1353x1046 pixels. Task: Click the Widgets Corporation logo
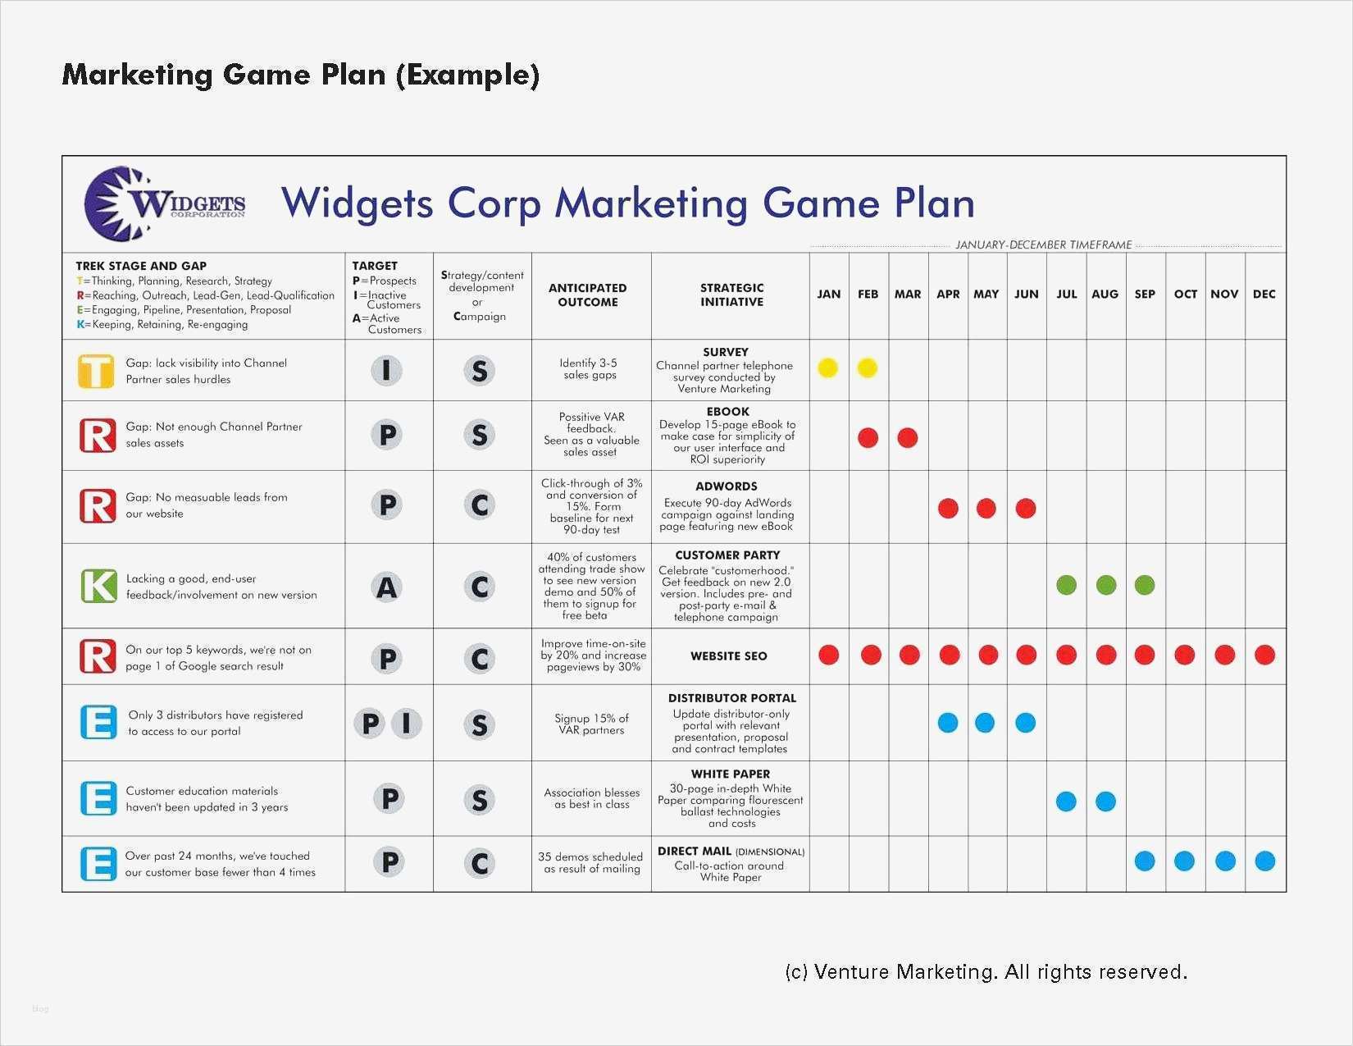coord(164,203)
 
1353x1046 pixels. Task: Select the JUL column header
coord(1066,294)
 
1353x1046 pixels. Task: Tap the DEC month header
coord(1264,294)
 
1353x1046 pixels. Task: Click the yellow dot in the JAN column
coord(827,368)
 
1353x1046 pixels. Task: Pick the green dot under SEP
coord(1145,585)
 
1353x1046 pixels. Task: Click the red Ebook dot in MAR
coord(907,438)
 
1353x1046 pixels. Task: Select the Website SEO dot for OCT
coord(1184,655)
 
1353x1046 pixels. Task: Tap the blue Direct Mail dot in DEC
coord(1264,861)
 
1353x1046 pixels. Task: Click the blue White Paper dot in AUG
coord(1105,802)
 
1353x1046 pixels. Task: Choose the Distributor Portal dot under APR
coord(948,723)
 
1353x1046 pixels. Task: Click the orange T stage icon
coord(96,372)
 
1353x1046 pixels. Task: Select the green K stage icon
coord(98,587)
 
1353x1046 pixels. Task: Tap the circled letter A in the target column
coord(387,587)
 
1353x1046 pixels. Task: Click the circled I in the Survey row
coord(387,372)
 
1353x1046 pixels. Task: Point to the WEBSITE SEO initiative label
coord(728,656)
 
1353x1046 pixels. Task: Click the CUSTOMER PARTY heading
coord(727,555)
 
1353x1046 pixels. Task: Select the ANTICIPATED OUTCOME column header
coord(588,295)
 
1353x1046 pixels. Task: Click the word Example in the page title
coord(467,75)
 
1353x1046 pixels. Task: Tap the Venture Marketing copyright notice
coord(986,972)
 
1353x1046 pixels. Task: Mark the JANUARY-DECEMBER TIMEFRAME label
coord(1044,244)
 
